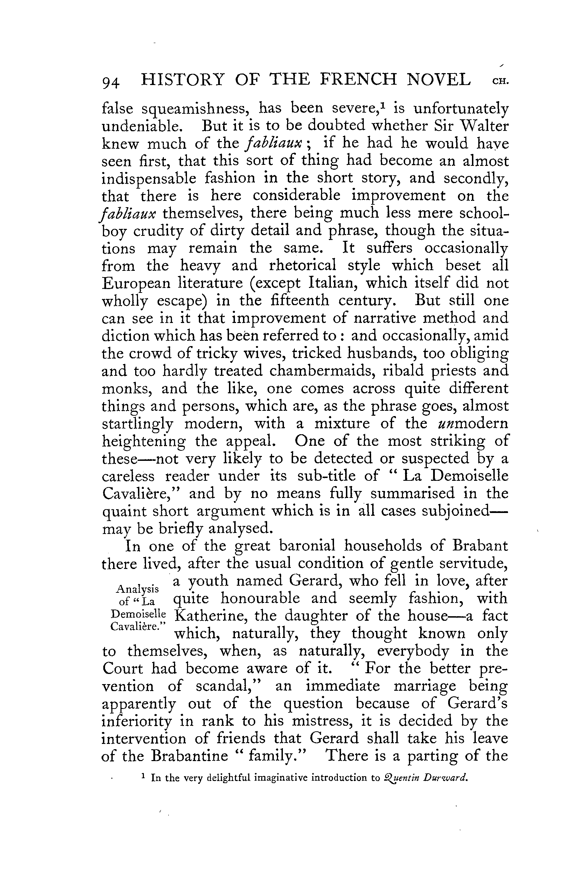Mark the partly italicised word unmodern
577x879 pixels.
point(473,423)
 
